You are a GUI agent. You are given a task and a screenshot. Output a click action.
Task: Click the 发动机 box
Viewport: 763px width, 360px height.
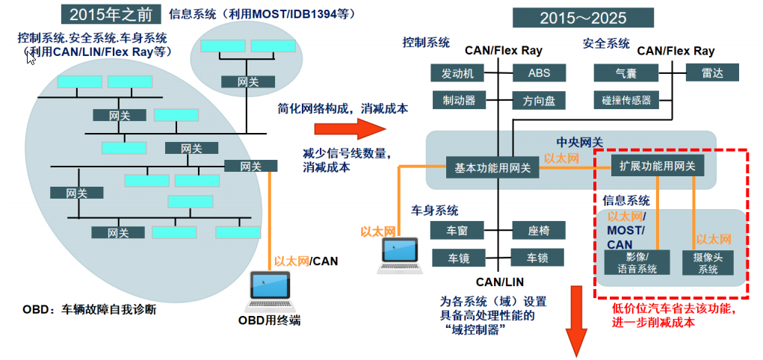click(x=457, y=73)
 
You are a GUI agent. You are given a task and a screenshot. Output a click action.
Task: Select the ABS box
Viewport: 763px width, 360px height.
click(x=539, y=73)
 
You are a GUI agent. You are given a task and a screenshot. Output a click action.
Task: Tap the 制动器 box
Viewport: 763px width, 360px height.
click(x=458, y=100)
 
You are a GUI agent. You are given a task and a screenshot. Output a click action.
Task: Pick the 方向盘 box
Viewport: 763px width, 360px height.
click(x=539, y=100)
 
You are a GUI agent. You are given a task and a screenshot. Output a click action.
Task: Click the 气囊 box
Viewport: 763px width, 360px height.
click(x=625, y=73)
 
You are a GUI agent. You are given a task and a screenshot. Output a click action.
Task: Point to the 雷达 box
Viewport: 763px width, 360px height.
click(x=711, y=72)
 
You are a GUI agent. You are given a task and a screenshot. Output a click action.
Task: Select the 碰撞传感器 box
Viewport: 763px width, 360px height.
click(x=625, y=100)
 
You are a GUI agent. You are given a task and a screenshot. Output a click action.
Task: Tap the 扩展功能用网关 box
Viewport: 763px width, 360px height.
click(x=658, y=166)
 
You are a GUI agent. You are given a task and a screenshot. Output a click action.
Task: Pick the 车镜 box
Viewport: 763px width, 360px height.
click(x=457, y=258)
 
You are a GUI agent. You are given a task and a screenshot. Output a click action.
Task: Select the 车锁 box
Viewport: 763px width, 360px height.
click(x=538, y=258)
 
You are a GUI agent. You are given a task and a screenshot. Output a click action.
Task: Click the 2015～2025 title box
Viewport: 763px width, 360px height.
click(x=583, y=17)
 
